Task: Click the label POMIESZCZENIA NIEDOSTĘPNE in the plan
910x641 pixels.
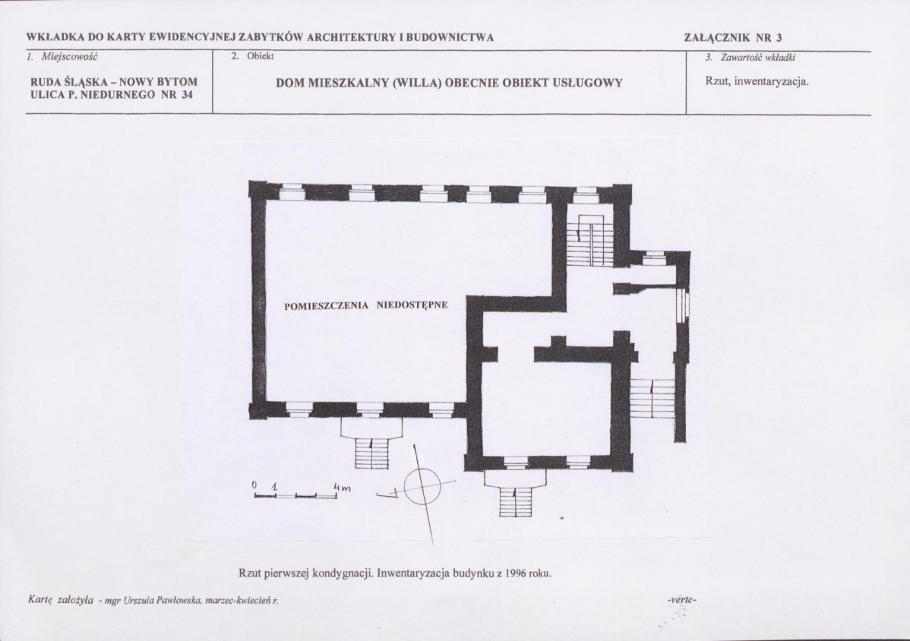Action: point(365,305)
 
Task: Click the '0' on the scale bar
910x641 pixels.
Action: point(254,484)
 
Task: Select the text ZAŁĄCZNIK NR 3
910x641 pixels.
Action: point(733,38)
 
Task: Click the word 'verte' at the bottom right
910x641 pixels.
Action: point(682,600)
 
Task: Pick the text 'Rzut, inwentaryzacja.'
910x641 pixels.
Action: point(757,81)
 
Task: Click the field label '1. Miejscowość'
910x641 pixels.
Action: point(62,57)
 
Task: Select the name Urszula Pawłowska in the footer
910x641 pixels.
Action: point(162,601)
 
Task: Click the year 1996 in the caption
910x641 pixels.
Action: point(515,573)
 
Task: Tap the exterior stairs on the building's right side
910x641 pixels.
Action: point(652,398)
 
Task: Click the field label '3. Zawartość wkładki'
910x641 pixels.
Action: point(750,58)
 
